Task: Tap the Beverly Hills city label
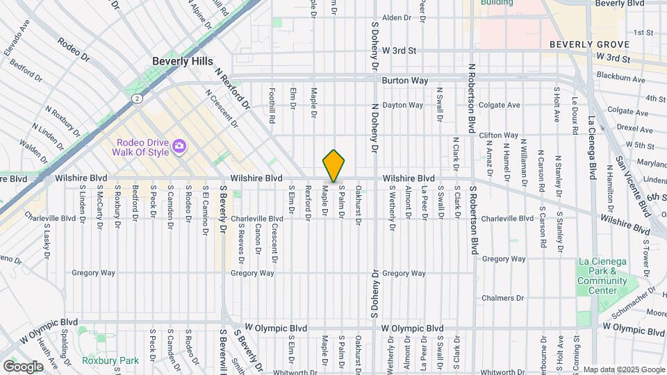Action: tap(183, 61)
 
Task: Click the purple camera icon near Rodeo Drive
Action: tap(179, 146)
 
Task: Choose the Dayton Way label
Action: tap(403, 106)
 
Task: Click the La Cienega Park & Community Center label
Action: tap(598, 276)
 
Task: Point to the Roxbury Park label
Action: tap(110, 360)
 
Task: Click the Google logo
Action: tap(23, 366)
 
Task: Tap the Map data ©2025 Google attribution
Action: tap(623, 369)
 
